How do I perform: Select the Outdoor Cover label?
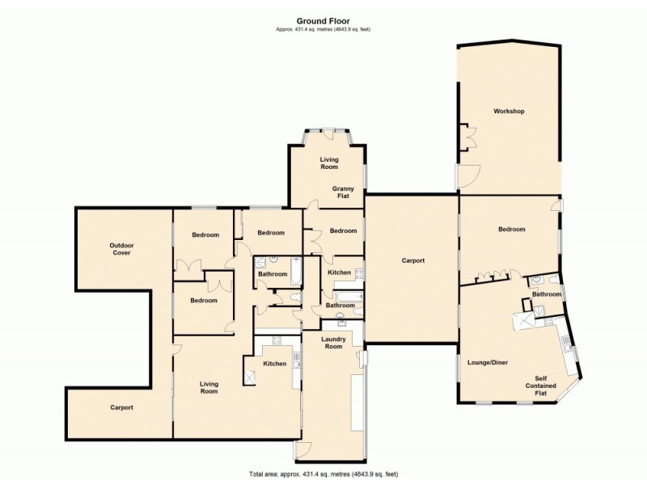[121, 249]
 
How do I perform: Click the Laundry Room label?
[334, 342]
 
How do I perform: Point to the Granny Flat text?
[343, 192]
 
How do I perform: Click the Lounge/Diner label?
[486, 362]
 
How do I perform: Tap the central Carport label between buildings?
[413, 261]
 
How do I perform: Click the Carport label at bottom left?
[121, 407]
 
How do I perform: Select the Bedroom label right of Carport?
[511, 230]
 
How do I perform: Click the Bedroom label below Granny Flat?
[343, 231]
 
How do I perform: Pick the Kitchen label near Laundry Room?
[275, 364]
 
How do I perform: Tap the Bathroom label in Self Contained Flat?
[547, 294]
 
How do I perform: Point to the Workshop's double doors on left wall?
[467, 137]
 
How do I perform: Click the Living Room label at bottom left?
[209, 386]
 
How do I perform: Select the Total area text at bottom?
[323, 474]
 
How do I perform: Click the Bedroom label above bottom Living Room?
[204, 301]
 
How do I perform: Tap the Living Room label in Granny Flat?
[328, 162]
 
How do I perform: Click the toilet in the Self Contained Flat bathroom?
[537, 280]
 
